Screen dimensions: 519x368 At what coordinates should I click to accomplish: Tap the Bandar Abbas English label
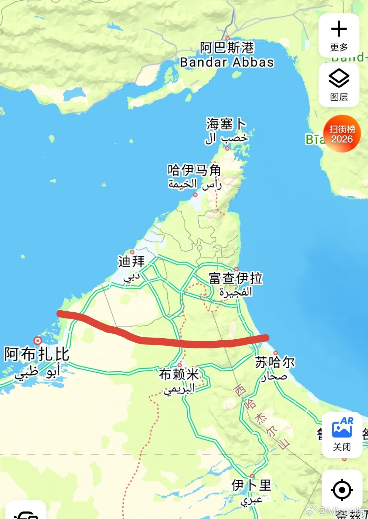tap(227, 62)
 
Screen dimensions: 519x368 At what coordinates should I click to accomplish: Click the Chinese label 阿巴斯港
tap(227, 48)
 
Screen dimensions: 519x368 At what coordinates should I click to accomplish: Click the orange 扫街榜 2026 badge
tap(342, 134)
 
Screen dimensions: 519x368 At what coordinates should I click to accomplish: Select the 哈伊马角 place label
tap(194, 170)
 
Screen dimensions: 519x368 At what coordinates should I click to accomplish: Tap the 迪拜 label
tap(132, 262)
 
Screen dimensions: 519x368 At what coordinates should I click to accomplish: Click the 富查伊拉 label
tap(235, 278)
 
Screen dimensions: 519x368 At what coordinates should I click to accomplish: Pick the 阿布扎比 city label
tap(37, 354)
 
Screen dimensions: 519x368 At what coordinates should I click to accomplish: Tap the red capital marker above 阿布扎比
tap(37, 340)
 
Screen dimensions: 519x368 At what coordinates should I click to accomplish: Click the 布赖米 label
tap(179, 374)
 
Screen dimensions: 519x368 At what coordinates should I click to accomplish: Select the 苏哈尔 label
tap(275, 362)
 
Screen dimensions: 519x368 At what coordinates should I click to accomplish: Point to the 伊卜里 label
tap(251, 485)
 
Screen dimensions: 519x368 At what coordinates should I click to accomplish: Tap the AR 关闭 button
tap(342, 434)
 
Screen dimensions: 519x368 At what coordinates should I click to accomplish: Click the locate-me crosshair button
tap(342, 490)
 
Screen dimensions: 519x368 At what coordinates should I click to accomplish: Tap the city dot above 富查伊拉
tap(236, 269)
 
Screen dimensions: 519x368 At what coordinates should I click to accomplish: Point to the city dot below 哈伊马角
tap(195, 195)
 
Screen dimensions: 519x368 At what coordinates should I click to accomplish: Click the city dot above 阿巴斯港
tap(227, 39)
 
